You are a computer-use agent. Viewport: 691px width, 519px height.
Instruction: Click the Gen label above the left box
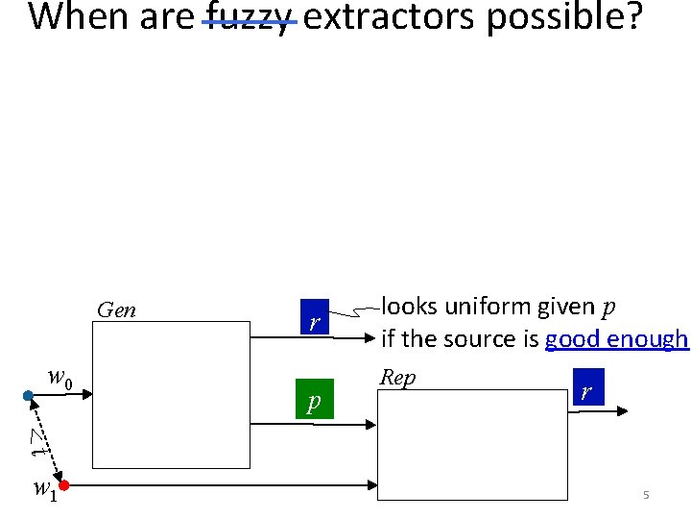(117, 309)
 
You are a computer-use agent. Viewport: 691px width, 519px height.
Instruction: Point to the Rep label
(397, 377)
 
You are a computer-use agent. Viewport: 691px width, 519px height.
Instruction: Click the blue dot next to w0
(29, 393)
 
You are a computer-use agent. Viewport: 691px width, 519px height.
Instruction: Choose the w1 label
(44, 488)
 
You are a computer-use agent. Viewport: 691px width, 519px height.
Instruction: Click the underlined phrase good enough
(616, 338)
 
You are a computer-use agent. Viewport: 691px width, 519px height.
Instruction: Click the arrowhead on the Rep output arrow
(623, 410)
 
